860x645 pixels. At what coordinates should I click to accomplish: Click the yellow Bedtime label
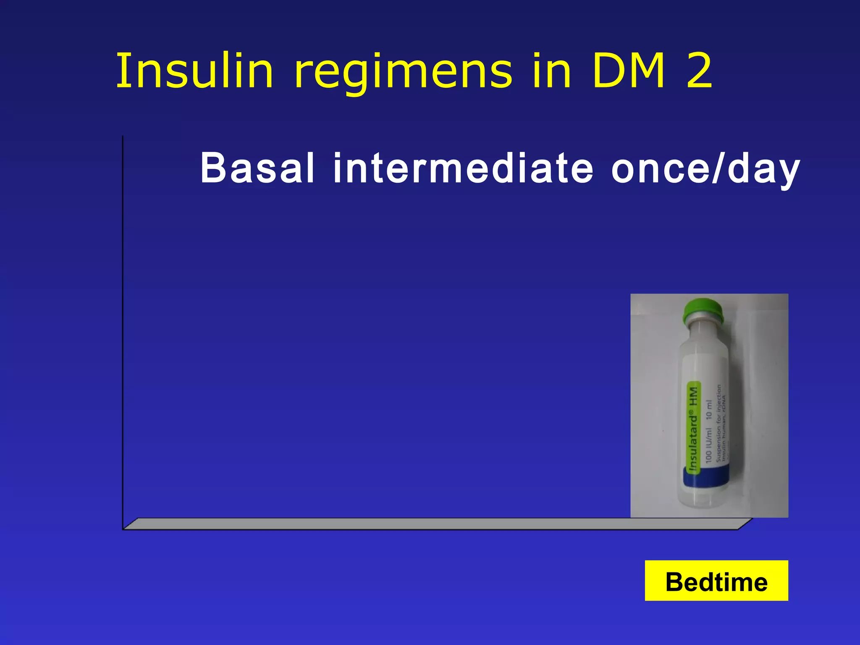pyautogui.click(x=716, y=581)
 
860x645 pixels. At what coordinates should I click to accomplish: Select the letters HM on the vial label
pyautogui.click(x=693, y=396)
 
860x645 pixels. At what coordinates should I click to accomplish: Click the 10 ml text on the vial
pyautogui.click(x=709, y=409)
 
